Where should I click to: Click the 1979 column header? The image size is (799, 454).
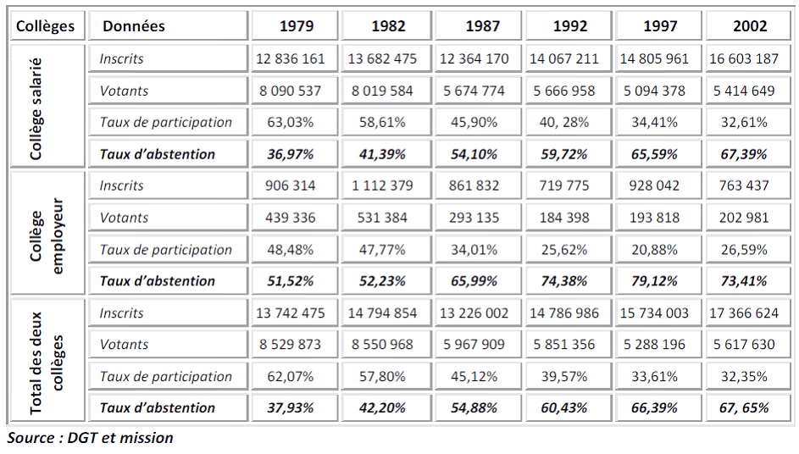coord(297,26)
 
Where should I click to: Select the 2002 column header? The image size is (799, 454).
coord(750,26)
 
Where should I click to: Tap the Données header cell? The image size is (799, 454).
coord(134,26)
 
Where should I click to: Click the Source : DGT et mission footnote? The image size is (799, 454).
coord(91,438)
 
